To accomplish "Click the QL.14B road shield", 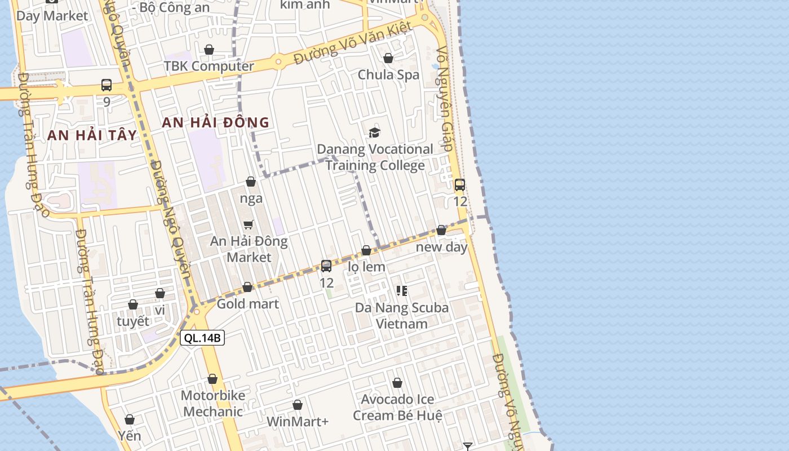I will tap(202, 338).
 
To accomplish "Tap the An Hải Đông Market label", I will tap(249, 249).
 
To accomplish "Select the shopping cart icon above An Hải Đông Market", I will tap(249, 224).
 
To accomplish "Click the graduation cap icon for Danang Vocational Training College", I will tap(374, 132).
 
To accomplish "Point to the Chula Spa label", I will tap(388, 74).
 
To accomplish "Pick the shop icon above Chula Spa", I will tap(388, 58).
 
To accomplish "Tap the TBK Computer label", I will tap(209, 66).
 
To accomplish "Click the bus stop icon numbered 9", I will tap(107, 85).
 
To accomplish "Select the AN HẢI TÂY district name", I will tap(92, 135).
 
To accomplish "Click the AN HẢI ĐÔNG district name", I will tap(216, 122).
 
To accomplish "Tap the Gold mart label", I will tap(248, 304).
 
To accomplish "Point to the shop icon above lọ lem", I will tap(366, 250).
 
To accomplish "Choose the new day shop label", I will tap(442, 247).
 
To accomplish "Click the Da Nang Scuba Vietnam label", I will tap(402, 316).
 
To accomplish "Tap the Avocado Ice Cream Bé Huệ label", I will tap(397, 408).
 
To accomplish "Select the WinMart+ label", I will tap(298, 422).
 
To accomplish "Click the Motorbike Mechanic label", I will tap(213, 404).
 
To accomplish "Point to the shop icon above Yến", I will tap(130, 419).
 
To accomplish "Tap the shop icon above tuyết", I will tap(133, 305).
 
